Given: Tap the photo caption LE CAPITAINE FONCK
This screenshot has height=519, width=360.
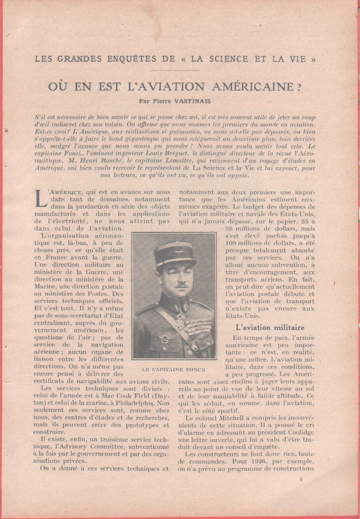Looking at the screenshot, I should click(x=174, y=369).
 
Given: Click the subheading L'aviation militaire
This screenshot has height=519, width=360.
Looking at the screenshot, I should click(x=270, y=327).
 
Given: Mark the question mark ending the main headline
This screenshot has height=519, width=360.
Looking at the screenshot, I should click(x=309, y=87).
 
